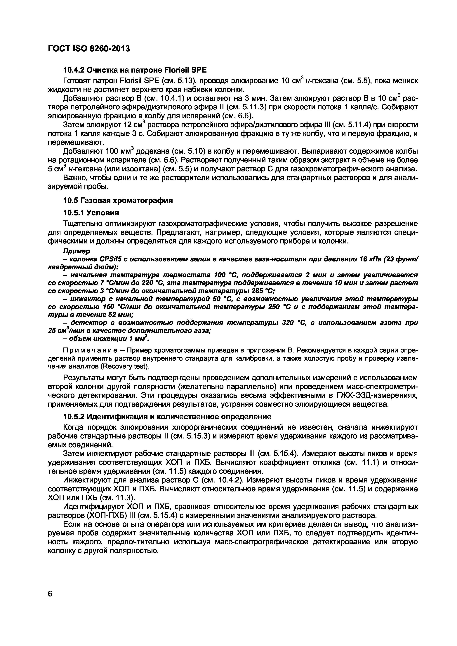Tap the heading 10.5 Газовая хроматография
pyautogui.click(x=118, y=200)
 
